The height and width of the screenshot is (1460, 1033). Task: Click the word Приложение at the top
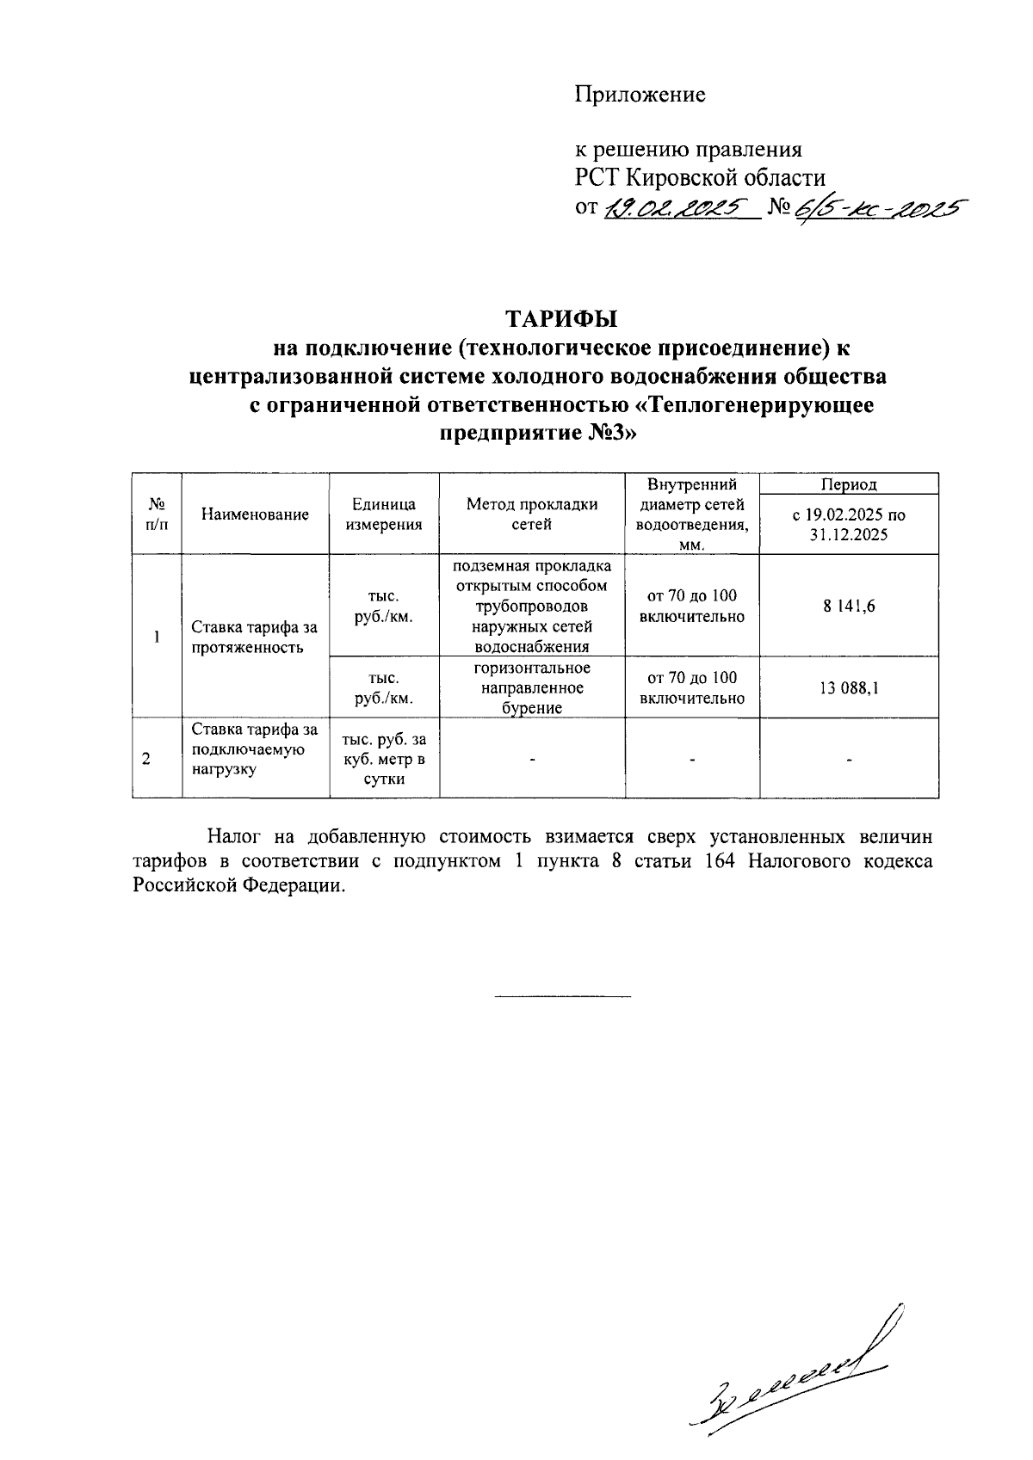(x=640, y=95)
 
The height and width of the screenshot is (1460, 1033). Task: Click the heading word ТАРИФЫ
(x=560, y=318)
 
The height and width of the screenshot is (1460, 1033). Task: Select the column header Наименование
(x=255, y=514)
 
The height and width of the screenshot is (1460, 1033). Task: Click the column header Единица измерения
(x=384, y=514)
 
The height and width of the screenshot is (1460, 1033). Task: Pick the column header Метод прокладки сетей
(x=531, y=514)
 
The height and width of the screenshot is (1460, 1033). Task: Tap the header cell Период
(x=848, y=484)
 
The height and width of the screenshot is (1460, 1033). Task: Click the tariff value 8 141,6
(x=848, y=606)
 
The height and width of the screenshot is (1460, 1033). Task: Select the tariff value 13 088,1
(x=848, y=687)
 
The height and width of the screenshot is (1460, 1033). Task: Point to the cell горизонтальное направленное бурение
(x=531, y=687)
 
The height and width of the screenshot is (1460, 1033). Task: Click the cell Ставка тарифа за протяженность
(x=255, y=638)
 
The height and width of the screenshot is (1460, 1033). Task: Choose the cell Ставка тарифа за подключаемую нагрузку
(x=255, y=749)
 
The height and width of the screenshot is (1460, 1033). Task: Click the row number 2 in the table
(x=146, y=759)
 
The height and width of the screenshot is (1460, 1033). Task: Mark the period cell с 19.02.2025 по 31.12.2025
(x=848, y=524)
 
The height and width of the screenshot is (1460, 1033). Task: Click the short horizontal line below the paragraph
(x=562, y=996)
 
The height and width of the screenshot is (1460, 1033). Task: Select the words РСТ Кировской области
(x=700, y=178)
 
